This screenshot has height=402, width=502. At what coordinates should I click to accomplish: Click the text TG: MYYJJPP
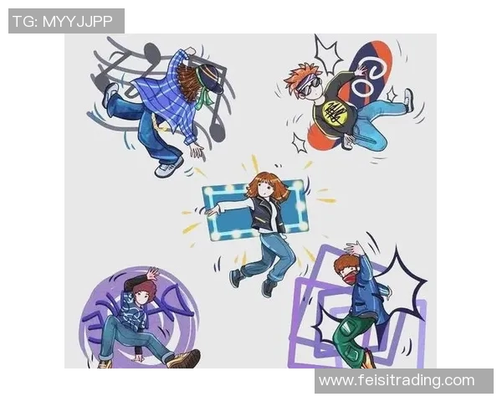coord(63,22)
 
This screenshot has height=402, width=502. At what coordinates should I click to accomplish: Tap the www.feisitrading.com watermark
coord(397,380)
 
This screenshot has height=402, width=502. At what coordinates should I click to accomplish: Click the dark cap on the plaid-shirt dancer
coord(212,78)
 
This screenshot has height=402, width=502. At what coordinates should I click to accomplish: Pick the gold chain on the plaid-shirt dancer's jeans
coord(158,122)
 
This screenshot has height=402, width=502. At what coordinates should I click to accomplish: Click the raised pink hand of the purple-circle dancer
coord(152,274)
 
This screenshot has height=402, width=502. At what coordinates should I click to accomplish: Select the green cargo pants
coord(350,334)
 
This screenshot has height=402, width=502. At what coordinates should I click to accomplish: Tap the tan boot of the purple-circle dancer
coord(185,359)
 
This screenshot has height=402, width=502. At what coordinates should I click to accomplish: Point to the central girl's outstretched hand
coord(213,210)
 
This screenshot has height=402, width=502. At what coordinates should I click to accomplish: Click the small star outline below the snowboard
coord(300,143)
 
